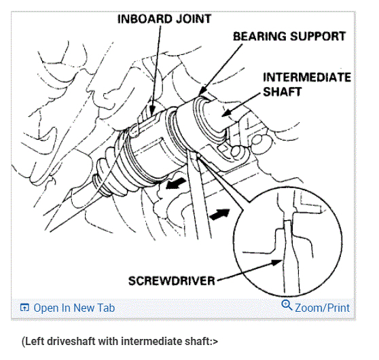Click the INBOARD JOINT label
(164, 19)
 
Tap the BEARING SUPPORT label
(289, 37)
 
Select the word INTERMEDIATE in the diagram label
(307, 77)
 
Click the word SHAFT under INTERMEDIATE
(283, 92)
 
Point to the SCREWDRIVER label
(172, 281)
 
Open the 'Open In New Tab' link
(74, 308)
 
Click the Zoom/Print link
(322, 308)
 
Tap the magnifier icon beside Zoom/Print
(287, 305)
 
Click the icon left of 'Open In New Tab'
(24, 308)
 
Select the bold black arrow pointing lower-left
(176, 183)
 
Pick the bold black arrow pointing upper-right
(219, 214)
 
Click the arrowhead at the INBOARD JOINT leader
(152, 111)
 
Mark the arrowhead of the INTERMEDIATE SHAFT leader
(227, 113)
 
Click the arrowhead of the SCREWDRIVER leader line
(277, 262)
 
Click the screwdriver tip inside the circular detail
(287, 222)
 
